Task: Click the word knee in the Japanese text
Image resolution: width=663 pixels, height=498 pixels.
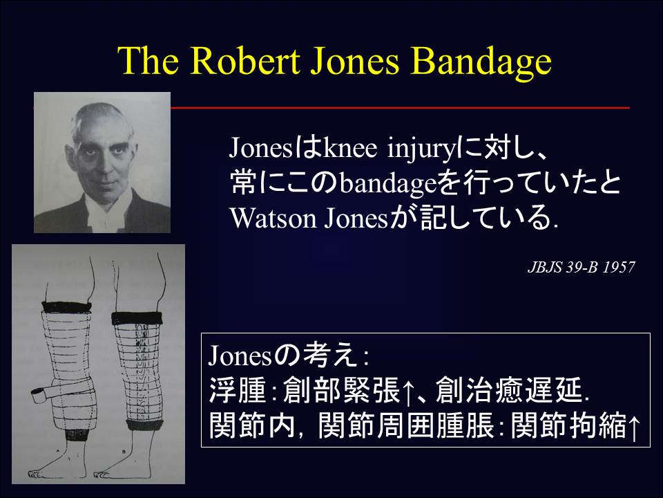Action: coord(342,149)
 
